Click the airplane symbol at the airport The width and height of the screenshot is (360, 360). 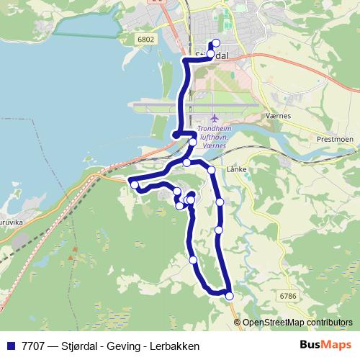[x=214, y=118]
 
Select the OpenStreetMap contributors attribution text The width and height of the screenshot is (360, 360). [x=297, y=323]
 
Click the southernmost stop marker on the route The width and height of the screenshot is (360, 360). [x=230, y=296]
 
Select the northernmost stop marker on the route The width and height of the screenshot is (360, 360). [x=216, y=43]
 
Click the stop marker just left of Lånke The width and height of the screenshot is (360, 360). [x=212, y=171]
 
